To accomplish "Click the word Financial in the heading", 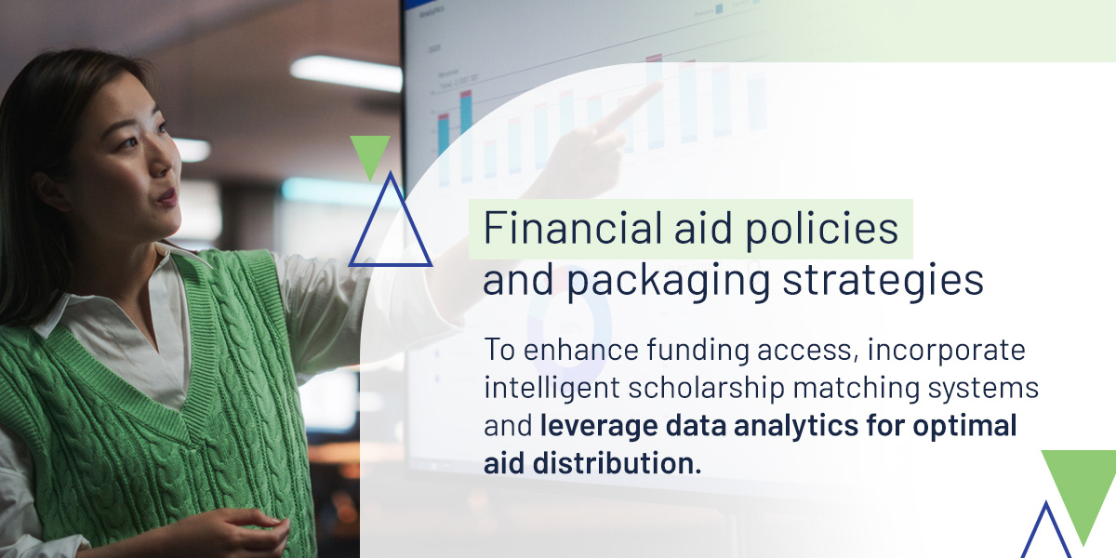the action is (x=573, y=228).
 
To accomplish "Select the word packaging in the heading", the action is (x=668, y=283).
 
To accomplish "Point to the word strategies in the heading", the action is (x=883, y=283).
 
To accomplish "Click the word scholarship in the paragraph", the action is (x=706, y=389).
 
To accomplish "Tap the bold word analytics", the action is (x=796, y=427).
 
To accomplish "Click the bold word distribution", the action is (x=617, y=463).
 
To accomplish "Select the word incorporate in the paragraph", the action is (x=946, y=352).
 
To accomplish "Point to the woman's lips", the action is (x=168, y=198).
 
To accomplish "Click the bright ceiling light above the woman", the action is (x=346, y=73).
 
